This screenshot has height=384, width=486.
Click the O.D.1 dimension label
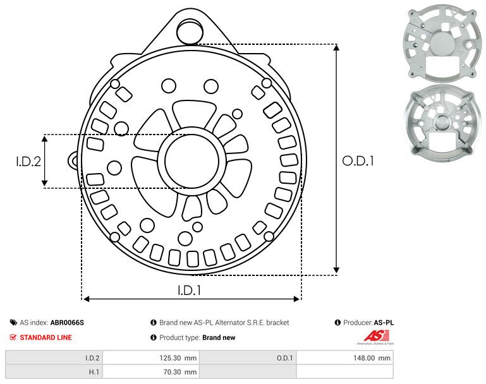click(x=358, y=161)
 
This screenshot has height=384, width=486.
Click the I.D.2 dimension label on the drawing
click(x=28, y=161)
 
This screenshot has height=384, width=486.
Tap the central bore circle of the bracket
click(x=187, y=161)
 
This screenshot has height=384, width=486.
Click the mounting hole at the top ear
click(x=187, y=30)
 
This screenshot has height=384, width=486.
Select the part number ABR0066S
click(x=67, y=323)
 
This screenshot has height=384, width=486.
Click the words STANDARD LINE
click(x=46, y=337)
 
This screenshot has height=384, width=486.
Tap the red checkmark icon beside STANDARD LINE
click(x=13, y=337)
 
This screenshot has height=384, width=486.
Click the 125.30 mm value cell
click(x=150, y=358)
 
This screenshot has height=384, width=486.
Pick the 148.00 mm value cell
click(x=344, y=358)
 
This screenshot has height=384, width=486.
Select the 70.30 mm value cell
click(x=150, y=372)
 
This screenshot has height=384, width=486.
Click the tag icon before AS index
click(x=13, y=323)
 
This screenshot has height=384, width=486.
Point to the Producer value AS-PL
click(x=383, y=323)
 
